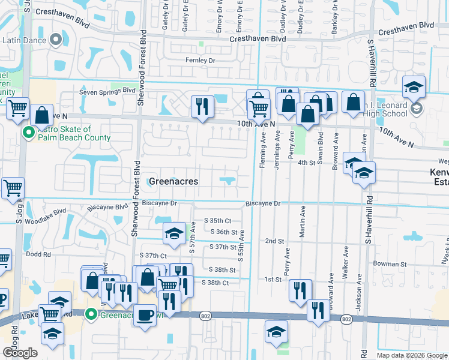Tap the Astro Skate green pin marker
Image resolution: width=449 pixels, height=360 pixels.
28,133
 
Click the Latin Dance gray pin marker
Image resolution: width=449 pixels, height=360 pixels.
56,40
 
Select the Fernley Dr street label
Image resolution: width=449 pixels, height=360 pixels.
200,61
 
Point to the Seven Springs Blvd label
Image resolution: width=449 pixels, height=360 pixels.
108,91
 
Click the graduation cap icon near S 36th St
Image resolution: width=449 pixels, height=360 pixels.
174,233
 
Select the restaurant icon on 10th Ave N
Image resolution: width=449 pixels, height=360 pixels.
202,107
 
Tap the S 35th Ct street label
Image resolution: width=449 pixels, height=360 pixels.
218,220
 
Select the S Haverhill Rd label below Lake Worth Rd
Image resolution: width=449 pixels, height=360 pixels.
362,347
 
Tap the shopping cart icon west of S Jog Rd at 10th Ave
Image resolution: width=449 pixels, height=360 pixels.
18,109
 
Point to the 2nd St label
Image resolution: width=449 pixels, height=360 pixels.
274,241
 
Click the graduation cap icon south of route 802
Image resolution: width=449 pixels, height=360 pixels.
276,331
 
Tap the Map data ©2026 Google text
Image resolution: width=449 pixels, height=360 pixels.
411,355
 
